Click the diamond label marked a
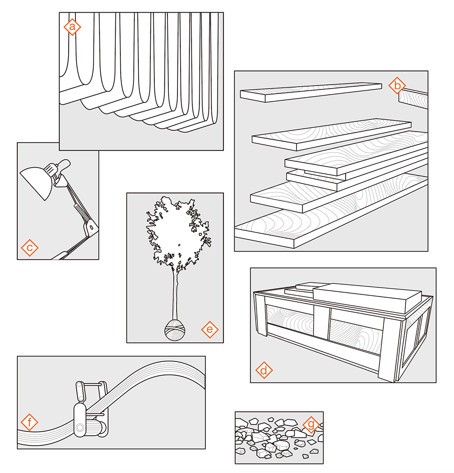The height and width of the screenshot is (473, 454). (72, 27)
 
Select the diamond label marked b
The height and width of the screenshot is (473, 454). (397, 85)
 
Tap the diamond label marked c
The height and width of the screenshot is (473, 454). (30, 248)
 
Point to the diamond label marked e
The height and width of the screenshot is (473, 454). (210, 330)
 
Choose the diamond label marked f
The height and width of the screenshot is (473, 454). (30, 424)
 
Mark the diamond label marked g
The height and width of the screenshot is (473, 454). (311, 425)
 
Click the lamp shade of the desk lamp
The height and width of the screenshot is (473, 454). (37, 181)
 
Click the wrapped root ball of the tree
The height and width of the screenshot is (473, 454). (174, 330)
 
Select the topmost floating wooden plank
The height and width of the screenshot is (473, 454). (311, 91)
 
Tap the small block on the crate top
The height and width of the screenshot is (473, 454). (310, 286)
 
